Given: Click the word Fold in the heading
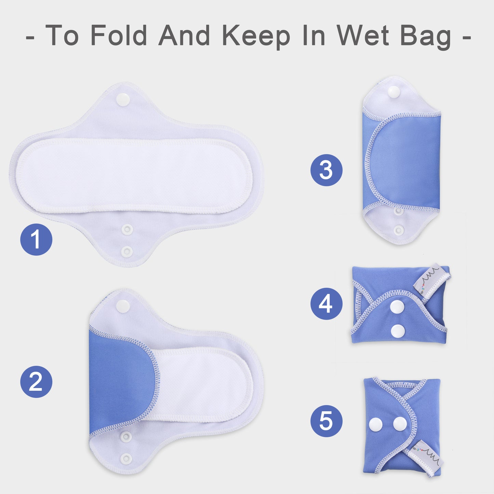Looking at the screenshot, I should pyautogui.click(x=119, y=35).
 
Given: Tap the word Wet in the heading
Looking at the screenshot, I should pyautogui.click(x=363, y=35).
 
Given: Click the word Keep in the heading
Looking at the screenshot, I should pyautogui.click(x=256, y=36).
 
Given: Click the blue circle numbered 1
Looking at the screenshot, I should pyautogui.click(x=36, y=239).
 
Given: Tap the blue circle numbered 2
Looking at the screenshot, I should pyautogui.click(x=36, y=382).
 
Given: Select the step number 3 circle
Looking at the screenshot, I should pyautogui.click(x=326, y=170).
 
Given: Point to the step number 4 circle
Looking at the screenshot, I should pyautogui.click(x=326, y=304).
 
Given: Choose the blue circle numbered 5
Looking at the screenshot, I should pyautogui.click(x=326, y=420).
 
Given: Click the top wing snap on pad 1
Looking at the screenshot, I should pyautogui.click(x=123, y=99).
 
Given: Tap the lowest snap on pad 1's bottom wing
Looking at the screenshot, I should pyautogui.click(x=127, y=252).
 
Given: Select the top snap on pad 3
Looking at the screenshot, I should pyautogui.click(x=394, y=91).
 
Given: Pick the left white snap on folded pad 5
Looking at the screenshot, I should pyautogui.click(x=376, y=424).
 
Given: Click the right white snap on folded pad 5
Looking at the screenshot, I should pyautogui.click(x=400, y=424).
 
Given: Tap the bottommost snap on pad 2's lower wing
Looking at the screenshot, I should pyautogui.click(x=126, y=457).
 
